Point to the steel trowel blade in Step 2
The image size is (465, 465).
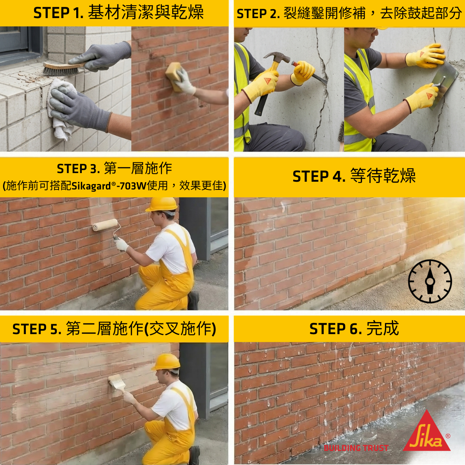(x=444, y=84)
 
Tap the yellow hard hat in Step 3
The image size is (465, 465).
(x=162, y=205)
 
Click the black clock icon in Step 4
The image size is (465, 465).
(x=430, y=281)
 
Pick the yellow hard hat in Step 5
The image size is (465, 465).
(x=166, y=362)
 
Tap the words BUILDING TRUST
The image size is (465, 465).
(x=356, y=448)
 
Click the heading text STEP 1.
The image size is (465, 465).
(x=59, y=13)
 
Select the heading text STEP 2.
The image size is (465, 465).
(x=258, y=14)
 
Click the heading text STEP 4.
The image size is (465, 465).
(x=319, y=177)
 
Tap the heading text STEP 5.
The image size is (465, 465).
(x=37, y=329)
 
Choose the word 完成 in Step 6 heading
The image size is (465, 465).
(x=383, y=329)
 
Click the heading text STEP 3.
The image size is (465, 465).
(x=78, y=169)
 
